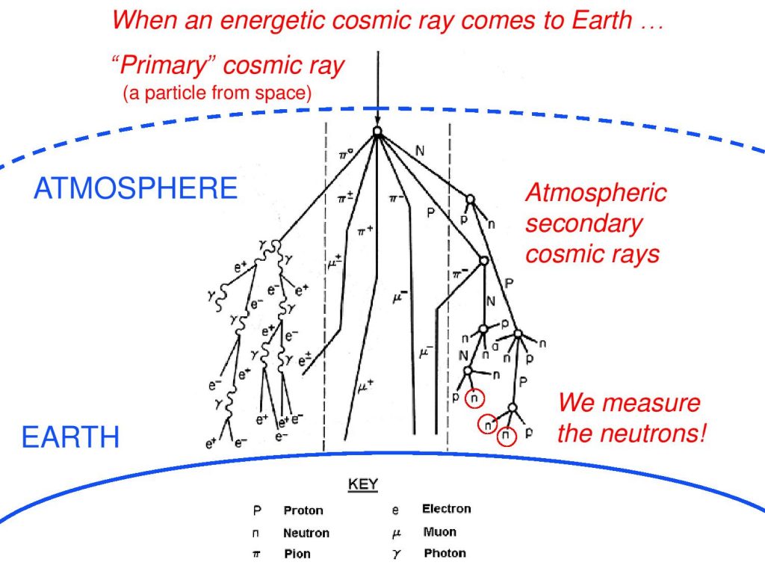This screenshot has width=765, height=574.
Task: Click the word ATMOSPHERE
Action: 136,188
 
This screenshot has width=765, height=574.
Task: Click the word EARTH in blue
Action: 70,436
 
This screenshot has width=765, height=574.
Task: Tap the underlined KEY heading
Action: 363,484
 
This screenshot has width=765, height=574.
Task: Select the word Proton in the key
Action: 303,510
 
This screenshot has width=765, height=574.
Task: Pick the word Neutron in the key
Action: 306,533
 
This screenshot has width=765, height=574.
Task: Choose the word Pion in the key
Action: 297,554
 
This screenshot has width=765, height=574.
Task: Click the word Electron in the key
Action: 447,509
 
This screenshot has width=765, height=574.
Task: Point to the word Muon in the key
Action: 439,532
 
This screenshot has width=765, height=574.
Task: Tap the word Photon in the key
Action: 445,554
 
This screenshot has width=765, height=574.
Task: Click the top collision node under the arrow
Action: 377,132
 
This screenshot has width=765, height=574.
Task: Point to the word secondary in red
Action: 584,224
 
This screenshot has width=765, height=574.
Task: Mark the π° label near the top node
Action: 346,155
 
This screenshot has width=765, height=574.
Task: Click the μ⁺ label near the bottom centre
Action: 365,386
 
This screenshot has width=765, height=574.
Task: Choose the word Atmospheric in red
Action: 596,192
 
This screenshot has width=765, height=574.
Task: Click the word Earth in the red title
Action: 601,20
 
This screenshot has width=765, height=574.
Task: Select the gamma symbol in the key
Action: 396,555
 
